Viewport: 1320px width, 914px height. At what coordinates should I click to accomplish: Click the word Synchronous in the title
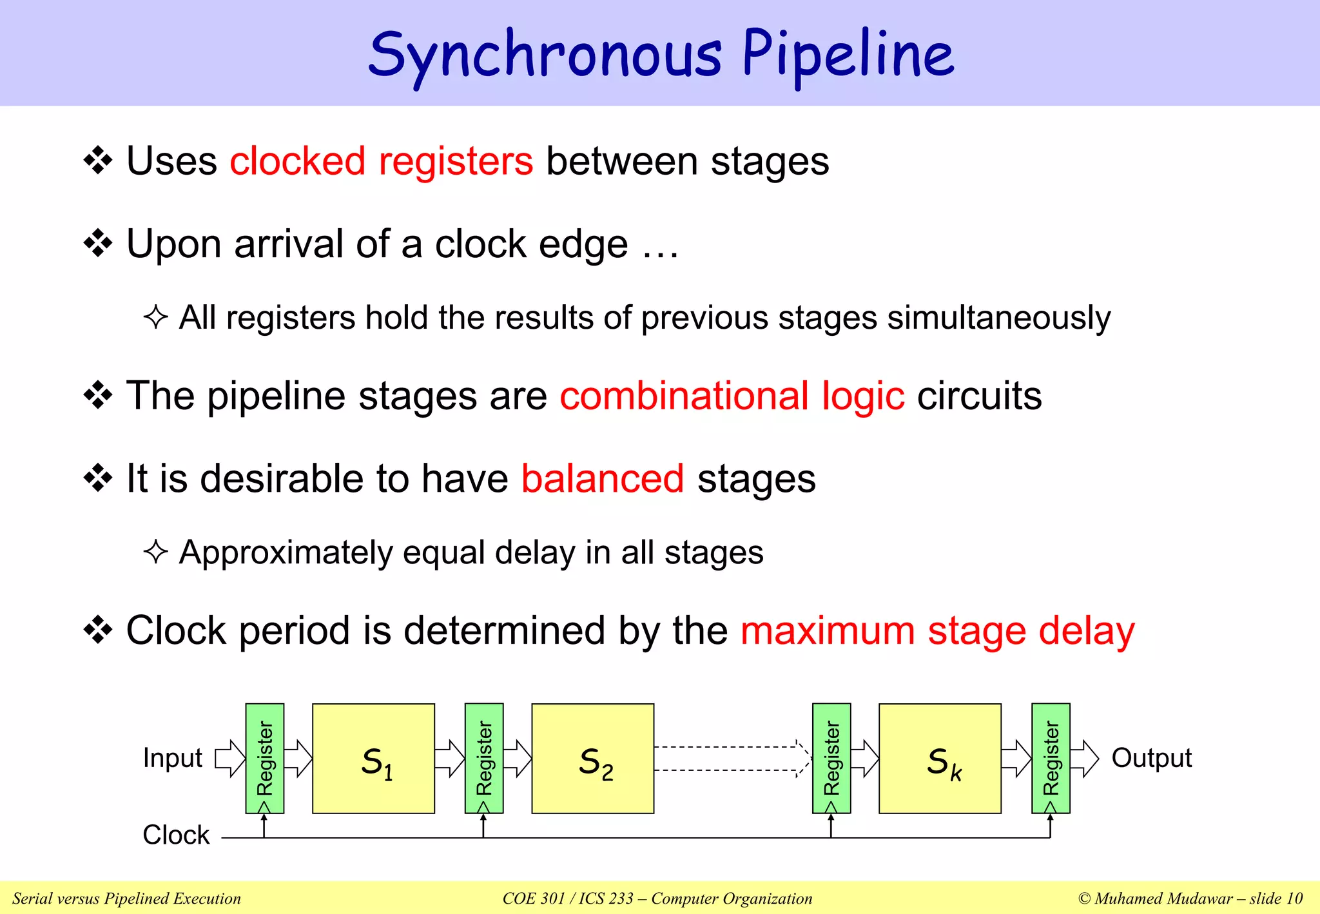coord(545,55)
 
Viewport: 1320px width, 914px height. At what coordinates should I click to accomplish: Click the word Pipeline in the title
coord(848,55)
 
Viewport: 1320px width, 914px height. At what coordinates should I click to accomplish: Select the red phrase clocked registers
coord(382,161)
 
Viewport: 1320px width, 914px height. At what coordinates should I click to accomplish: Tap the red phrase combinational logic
coord(732,396)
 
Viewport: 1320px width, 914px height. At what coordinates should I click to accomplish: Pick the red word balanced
coord(603,479)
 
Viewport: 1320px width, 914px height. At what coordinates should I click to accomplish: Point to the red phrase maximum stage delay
coord(938,630)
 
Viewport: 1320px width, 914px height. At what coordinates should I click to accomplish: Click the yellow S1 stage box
coord(373,759)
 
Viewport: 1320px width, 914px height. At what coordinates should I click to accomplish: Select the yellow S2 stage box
coord(592,759)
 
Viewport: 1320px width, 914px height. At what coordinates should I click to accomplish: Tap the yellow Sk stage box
coord(940,759)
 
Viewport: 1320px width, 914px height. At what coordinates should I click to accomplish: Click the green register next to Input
coord(265,759)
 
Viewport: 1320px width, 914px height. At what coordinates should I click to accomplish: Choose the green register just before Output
coord(1051,759)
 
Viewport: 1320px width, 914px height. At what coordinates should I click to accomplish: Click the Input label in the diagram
coord(173,758)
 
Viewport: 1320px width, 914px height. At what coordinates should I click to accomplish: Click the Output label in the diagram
coord(1151,758)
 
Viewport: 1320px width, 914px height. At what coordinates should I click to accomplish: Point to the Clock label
coord(176,835)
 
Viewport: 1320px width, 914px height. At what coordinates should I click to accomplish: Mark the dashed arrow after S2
coord(732,759)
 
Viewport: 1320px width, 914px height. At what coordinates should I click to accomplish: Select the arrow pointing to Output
coord(1085,759)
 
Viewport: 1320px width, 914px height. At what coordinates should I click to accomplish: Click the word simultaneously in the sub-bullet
coord(998,318)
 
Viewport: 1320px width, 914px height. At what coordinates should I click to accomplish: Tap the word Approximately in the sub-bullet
coord(286,553)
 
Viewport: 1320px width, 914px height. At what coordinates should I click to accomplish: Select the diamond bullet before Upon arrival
coord(98,244)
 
